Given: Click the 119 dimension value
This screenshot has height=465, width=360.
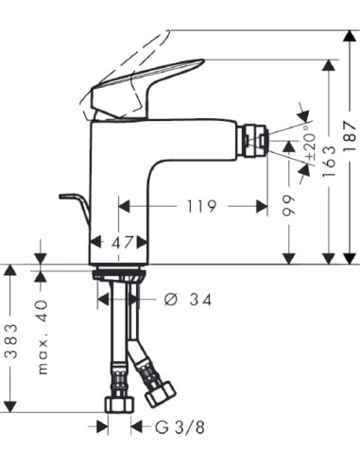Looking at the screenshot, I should point(199,205).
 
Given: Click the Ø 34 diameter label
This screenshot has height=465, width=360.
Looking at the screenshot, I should point(186,299).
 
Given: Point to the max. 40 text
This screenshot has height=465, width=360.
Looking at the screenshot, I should point(43,336).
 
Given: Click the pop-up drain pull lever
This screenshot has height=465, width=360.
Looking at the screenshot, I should point(71,201).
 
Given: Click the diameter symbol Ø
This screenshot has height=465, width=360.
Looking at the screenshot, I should point(170,299).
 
